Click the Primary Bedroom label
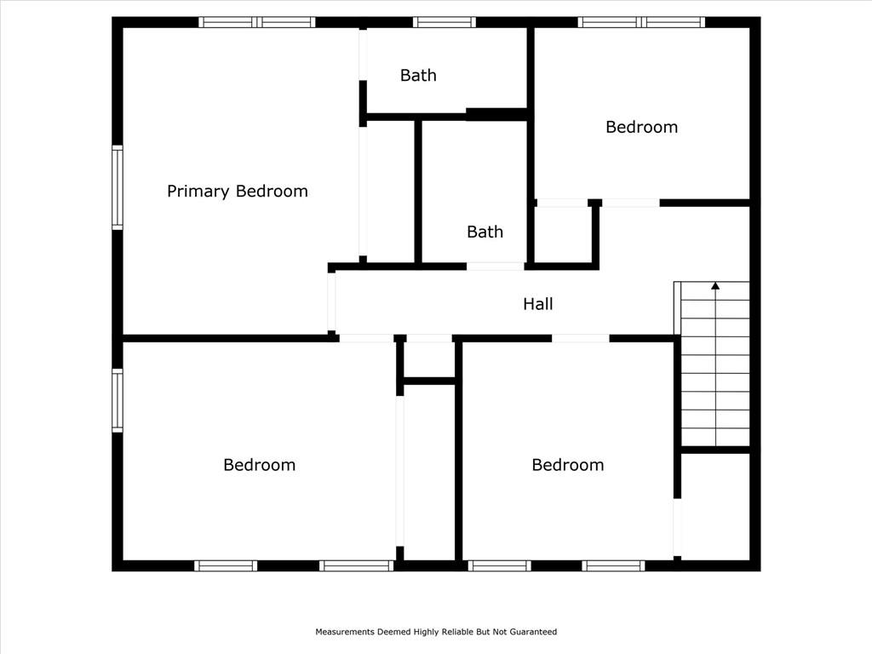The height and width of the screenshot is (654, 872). (x=238, y=192)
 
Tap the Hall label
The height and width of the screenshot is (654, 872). (x=538, y=304)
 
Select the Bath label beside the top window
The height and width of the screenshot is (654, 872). (x=418, y=75)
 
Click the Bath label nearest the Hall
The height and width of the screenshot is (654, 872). (x=485, y=232)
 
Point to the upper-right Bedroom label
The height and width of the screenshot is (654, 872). (x=642, y=127)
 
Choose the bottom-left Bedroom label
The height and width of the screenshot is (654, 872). (x=259, y=464)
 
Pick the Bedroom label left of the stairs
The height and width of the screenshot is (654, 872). (x=568, y=464)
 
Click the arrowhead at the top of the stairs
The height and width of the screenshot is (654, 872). (x=715, y=286)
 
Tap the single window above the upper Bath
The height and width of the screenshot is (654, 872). (x=445, y=22)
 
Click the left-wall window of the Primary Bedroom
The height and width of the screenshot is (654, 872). (x=118, y=187)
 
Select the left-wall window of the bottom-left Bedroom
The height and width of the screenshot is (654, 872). (x=118, y=400)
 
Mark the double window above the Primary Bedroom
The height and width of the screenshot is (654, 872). (x=257, y=22)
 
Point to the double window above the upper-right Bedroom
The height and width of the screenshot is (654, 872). (x=641, y=22)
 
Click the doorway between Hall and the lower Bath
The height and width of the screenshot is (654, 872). (x=495, y=267)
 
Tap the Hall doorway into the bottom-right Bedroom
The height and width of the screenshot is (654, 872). (x=581, y=338)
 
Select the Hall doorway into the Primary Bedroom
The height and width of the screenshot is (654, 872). (x=331, y=301)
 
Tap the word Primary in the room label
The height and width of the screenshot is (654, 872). (x=198, y=192)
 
